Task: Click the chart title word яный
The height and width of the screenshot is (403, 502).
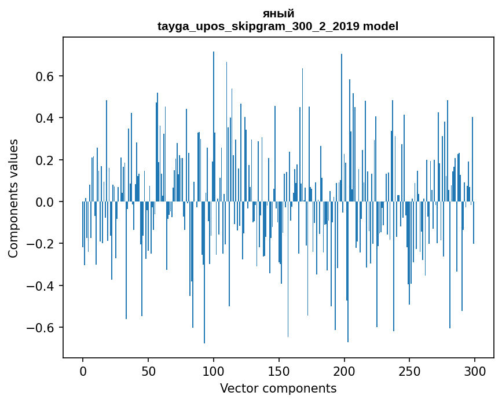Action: tap(278, 14)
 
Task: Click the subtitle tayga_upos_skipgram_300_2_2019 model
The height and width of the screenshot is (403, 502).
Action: tap(278, 26)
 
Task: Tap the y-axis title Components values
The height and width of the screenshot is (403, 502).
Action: tap(13, 198)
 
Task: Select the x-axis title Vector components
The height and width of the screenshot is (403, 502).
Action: tap(278, 388)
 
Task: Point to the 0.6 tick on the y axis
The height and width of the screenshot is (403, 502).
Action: tap(46, 76)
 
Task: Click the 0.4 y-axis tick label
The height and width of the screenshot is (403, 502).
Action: tap(46, 118)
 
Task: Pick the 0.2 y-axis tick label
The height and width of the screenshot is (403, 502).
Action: tap(46, 160)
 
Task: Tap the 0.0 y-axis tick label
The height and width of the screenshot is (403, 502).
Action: tap(46, 202)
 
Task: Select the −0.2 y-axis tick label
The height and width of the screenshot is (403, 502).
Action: tap(42, 244)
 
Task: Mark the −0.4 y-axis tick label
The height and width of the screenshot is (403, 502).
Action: tap(42, 285)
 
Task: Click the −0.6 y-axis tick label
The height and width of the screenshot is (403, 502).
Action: tap(42, 328)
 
